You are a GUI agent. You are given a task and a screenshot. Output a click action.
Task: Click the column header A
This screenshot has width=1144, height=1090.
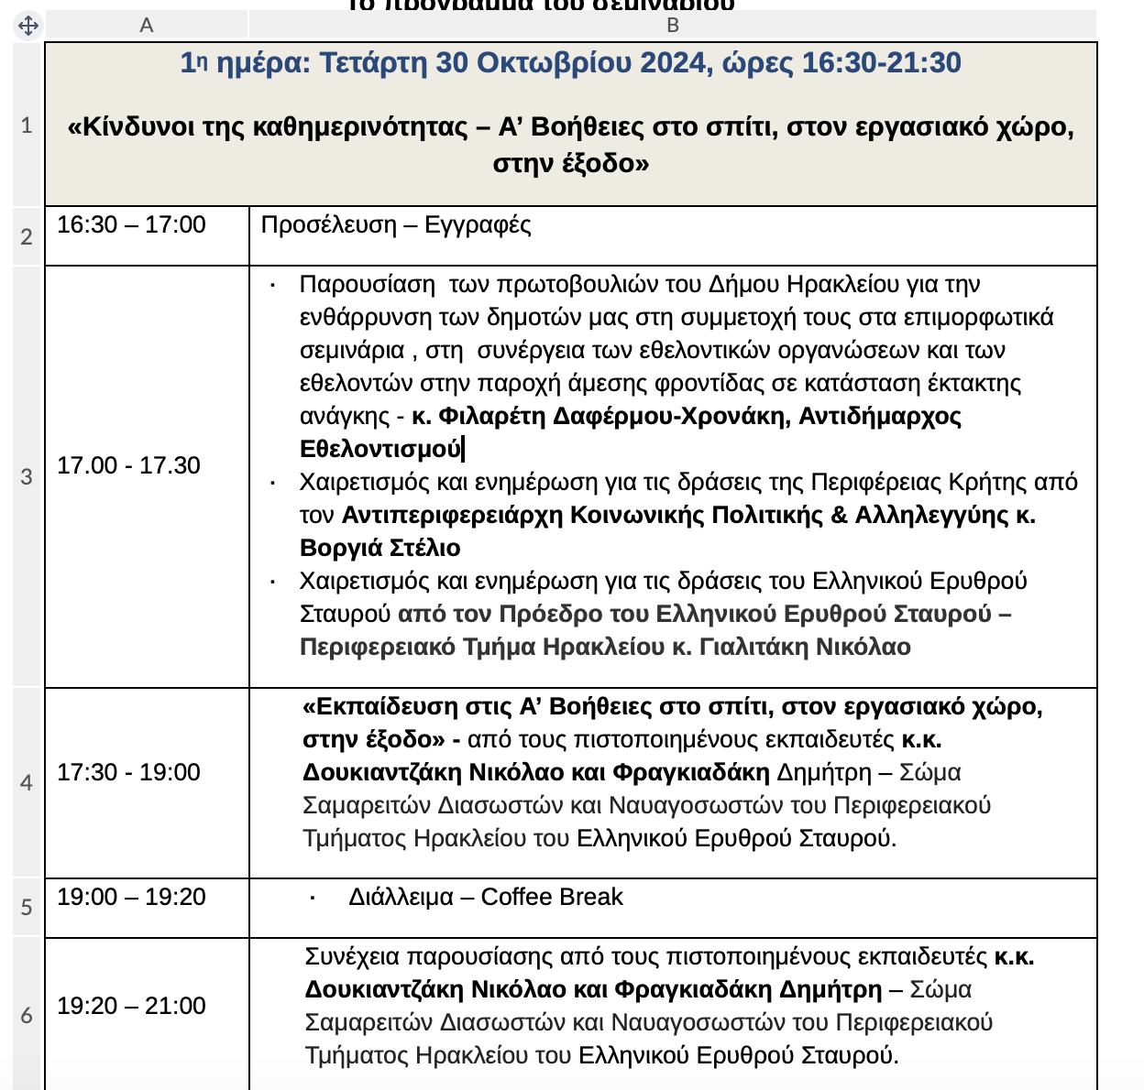tap(146, 26)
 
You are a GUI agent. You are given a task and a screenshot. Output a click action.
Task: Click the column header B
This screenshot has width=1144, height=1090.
tap(673, 26)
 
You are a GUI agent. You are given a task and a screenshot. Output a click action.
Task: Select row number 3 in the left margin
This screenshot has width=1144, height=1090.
tap(27, 476)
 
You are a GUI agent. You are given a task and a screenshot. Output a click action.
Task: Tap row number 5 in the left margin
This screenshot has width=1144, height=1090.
tap(27, 907)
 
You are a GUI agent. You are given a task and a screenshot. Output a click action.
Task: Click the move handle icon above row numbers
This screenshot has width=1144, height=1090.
tap(28, 26)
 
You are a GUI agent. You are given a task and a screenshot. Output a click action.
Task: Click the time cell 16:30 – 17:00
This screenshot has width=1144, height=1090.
tap(131, 225)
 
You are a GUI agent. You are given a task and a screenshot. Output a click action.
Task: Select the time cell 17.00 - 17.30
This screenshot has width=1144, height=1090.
tap(128, 466)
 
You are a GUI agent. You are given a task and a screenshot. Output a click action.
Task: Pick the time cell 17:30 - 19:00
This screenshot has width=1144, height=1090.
tap(128, 773)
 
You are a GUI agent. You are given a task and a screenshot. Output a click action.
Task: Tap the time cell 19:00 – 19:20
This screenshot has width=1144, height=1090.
tap(131, 898)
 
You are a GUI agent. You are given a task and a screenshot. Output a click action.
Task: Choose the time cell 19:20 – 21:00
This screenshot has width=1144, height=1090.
tap(131, 1007)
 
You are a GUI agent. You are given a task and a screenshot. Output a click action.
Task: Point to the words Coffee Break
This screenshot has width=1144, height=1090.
tap(552, 898)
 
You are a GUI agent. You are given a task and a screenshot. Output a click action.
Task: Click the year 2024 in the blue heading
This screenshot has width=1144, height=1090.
tap(674, 63)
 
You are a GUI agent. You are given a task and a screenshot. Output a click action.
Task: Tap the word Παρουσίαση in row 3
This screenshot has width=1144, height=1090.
tap(367, 285)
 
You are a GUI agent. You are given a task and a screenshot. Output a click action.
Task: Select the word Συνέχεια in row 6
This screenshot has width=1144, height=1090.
tap(351, 957)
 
